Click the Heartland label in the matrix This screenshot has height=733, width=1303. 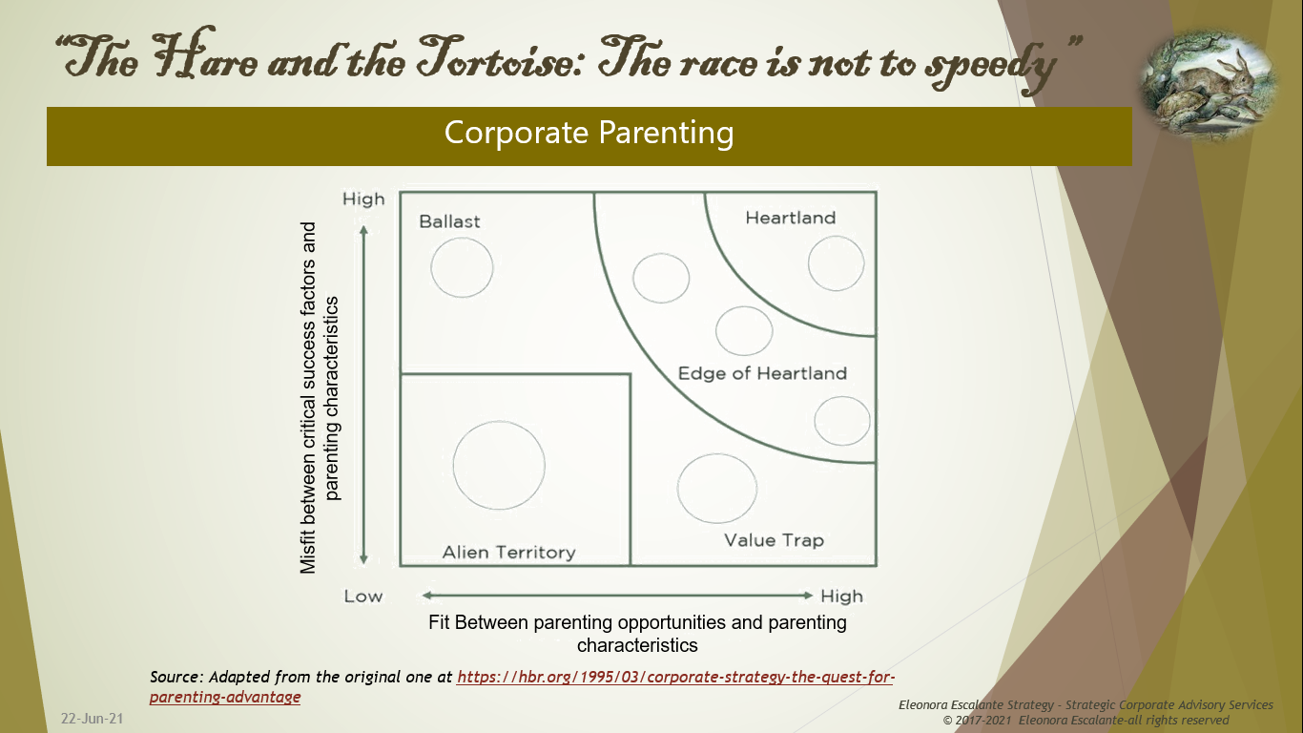[x=790, y=218]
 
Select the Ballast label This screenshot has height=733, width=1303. [x=449, y=221]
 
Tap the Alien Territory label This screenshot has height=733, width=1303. [x=508, y=553]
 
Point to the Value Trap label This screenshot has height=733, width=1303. [x=774, y=540]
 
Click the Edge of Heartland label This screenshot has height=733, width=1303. [x=762, y=373]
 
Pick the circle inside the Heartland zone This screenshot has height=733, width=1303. [x=836, y=262]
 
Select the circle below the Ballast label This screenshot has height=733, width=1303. [x=462, y=267]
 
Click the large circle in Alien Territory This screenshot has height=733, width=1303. [x=499, y=466]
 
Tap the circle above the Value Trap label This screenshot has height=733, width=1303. [x=717, y=488]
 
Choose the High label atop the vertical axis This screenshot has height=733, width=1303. [x=363, y=199]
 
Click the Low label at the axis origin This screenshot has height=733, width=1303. [x=363, y=597]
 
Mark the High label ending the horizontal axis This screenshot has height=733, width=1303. [x=841, y=597]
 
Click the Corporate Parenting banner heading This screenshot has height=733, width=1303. [x=589, y=133]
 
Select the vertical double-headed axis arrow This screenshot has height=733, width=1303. [x=363, y=394]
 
